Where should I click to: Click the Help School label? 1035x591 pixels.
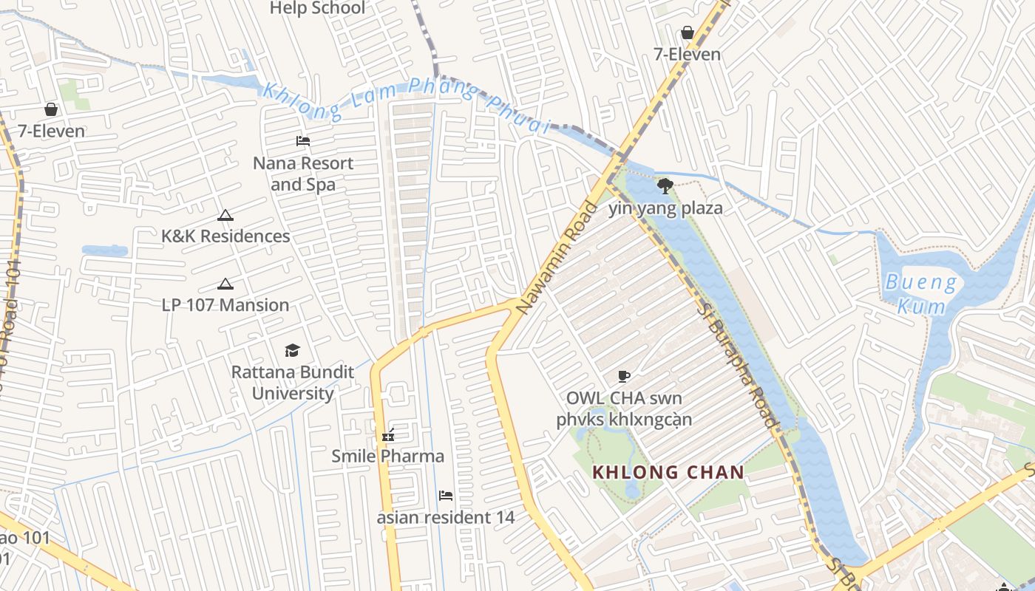coord(317,8)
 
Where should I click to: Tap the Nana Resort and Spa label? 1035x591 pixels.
coord(303,174)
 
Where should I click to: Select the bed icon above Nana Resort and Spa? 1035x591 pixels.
coord(303,140)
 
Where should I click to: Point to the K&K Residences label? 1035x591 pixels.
coord(225,236)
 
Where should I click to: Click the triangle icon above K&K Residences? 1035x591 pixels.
coord(225,216)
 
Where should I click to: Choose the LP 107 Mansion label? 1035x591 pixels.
coord(225,304)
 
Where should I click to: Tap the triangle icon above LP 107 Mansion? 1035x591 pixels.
coord(225,284)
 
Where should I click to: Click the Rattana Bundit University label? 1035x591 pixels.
coord(293,382)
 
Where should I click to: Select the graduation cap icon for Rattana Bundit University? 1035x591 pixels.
coord(293,350)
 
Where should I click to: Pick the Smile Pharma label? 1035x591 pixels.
coord(387,456)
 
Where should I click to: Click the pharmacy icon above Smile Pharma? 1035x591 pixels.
coord(387,435)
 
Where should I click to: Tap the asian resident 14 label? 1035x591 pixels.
coord(446,517)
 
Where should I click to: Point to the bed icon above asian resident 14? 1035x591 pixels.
coord(446,495)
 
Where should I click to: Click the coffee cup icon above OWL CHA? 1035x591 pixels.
coord(624,377)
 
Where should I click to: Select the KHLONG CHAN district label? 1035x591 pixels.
coord(668,472)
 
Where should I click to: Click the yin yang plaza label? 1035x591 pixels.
coord(665,208)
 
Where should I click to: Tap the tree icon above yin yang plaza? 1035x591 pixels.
coord(665,185)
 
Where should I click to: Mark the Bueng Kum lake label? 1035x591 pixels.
coord(920,293)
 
